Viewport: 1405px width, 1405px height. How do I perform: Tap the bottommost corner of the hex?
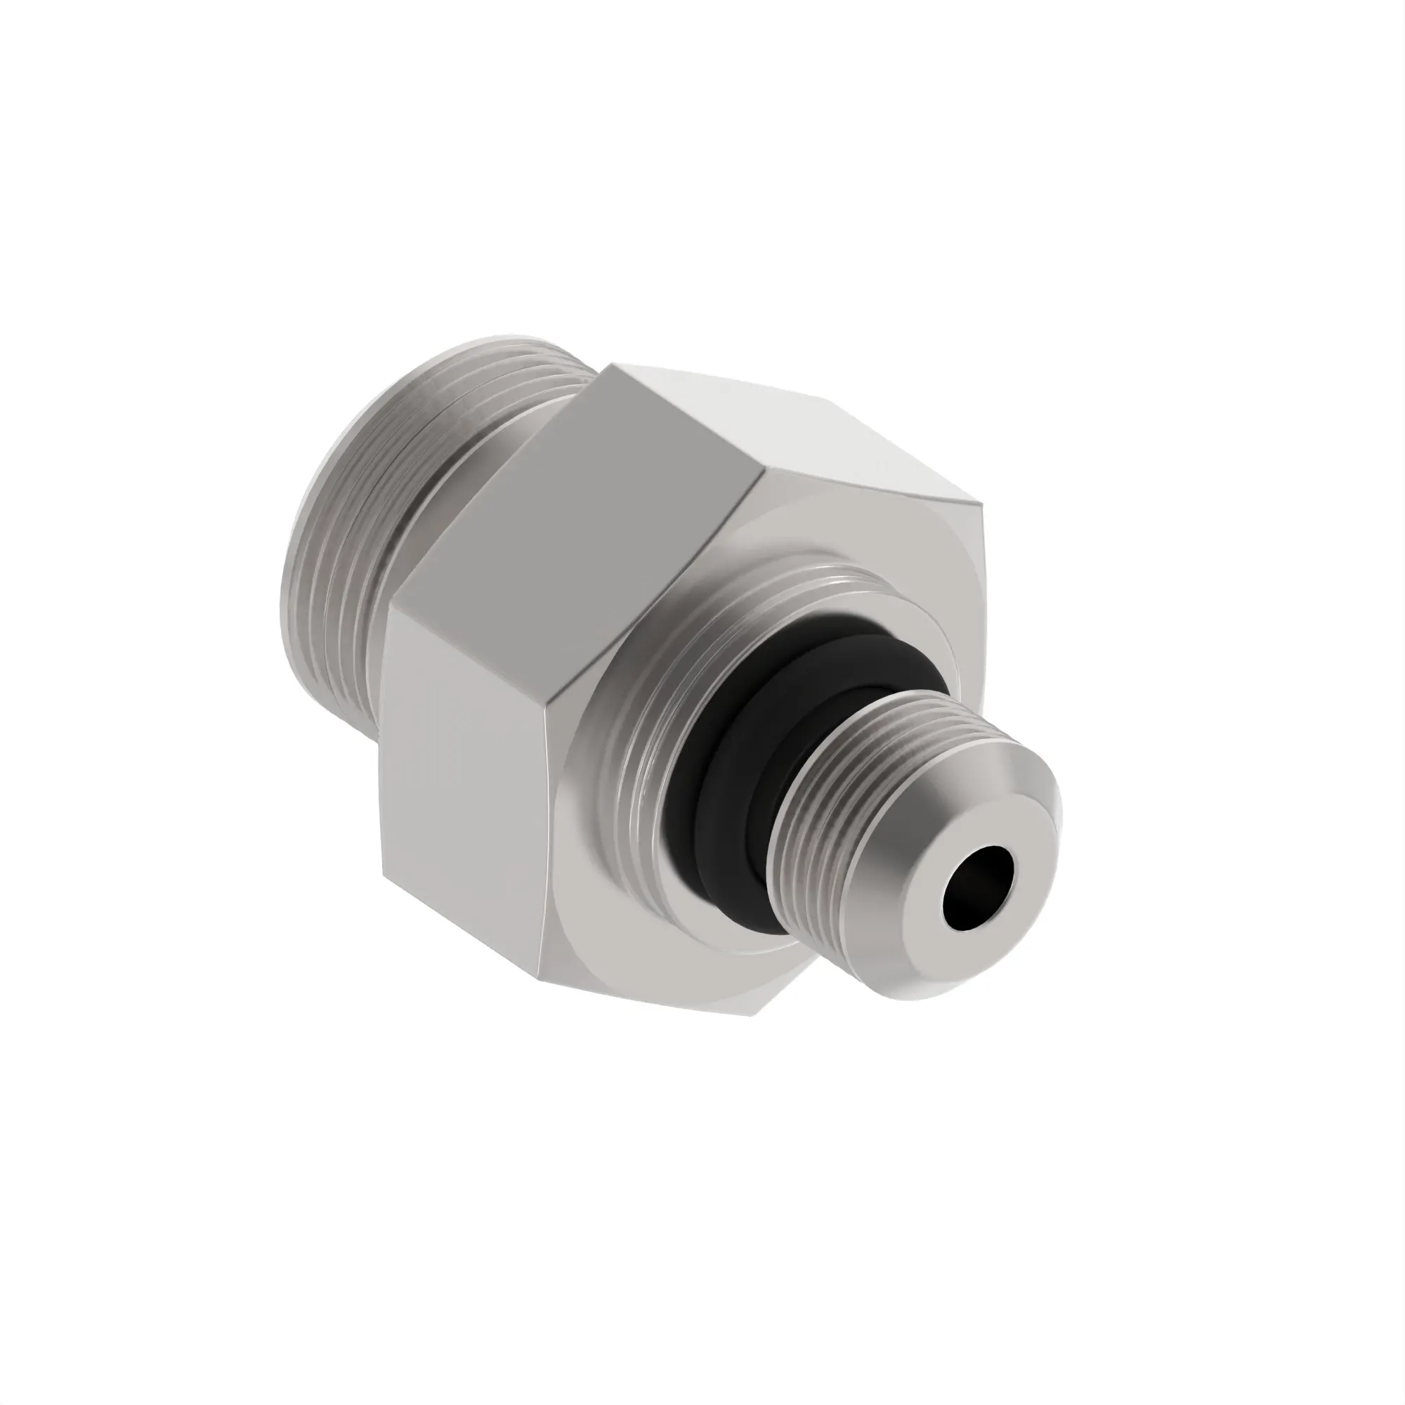(752, 1015)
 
